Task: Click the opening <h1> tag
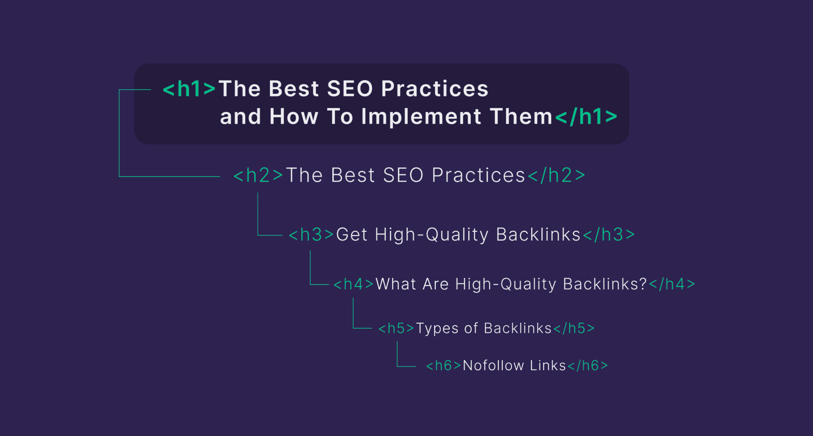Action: [x=189, y=89]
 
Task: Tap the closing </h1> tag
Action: [x=586, y=116]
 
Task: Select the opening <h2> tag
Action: [x=258, y=175]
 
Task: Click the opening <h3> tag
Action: [x=311, y=235]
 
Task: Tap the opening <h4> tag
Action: [x=354, y=284]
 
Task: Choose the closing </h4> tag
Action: [x=672, y=284]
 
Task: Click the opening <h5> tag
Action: [x=396, y=328]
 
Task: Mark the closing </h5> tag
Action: [x=574, y=328]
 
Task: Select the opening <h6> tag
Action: [x=443, y=365]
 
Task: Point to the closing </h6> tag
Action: [x=588, y=365]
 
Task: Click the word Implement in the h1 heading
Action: [x=421, y=117]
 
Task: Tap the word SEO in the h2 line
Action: [x=403, y=175]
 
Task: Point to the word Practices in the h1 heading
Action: [x=435, y=89]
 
